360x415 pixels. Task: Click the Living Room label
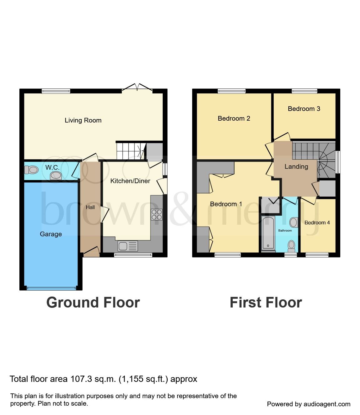83,120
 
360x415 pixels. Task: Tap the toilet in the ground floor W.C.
31,170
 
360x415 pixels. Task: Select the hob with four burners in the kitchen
157,214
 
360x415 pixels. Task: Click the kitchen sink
128,246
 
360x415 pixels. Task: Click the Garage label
51,234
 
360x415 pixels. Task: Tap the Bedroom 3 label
304,109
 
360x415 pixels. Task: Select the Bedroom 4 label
317,222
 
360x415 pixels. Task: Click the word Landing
296,167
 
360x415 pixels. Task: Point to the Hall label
90,207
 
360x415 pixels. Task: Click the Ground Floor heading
93,302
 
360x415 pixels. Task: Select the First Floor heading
266,302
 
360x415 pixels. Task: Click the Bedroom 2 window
231,91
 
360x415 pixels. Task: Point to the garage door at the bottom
52,288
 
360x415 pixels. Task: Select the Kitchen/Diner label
130,181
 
